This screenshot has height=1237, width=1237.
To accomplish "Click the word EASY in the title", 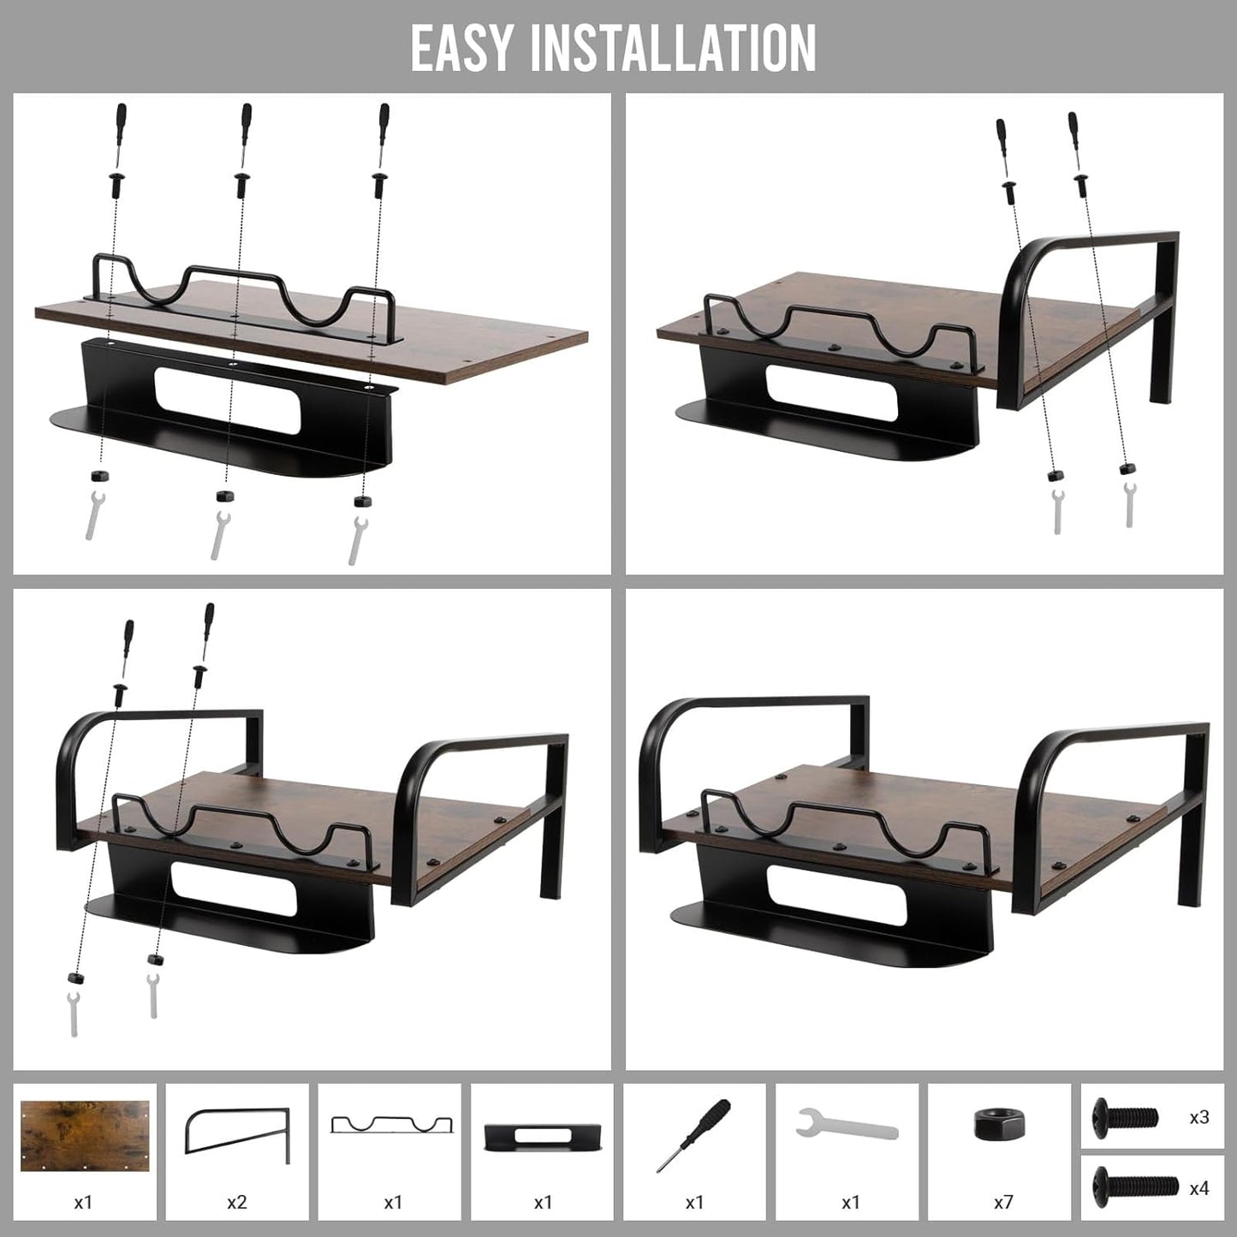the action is click(461, 49).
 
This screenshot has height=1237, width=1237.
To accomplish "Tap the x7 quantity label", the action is click(1003, 1202).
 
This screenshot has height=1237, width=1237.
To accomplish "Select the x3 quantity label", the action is click(1199, 1117).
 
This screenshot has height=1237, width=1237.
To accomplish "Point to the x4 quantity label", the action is click(1199, 1188).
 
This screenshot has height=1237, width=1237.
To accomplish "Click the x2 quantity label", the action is click(237, 1202).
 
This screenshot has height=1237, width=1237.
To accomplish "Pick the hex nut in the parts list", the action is click(1000, 1124).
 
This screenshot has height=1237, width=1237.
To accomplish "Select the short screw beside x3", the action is click(1126, 1117).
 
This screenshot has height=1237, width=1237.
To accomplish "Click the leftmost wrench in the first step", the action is click(93, 515).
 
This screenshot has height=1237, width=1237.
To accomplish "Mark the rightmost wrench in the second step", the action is click(1129, 504).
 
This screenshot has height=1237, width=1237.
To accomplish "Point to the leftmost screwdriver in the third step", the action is click(127, 648).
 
